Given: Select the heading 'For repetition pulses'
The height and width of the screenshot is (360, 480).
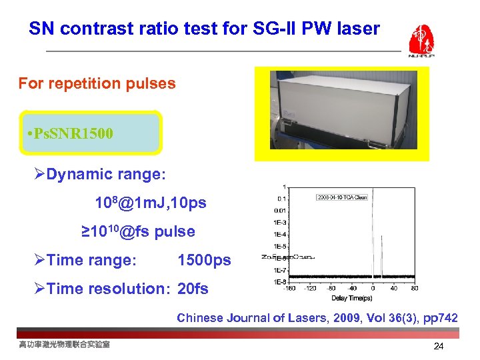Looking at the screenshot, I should pyautogui.click(x=97, y=84).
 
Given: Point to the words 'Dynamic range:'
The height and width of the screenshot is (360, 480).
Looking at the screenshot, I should pyautogui.click(x=107, y=175).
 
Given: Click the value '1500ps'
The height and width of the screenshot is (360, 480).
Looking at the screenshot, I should pyautogui.click(x=204, y=260).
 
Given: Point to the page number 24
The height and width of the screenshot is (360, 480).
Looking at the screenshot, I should pyautogui.click(x=438, y=346).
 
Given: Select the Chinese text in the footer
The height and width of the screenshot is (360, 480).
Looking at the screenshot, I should pyautogui.click(x=65, y=344).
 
